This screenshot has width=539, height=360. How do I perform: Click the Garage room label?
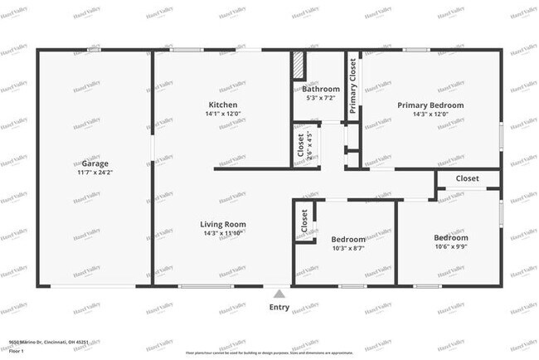pyautogui.click(x=95, y=163)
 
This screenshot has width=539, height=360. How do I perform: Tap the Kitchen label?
pyautogui.click(x=224, y=105)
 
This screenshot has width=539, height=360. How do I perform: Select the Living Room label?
pyautogui.click(x=224, y=224)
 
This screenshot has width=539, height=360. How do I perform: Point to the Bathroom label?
pyautogui.click(x=320, y=89)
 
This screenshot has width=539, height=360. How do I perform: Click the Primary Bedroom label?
pyautogui.click(x=430, y=105)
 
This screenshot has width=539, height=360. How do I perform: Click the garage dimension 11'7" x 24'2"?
pyautogui.click(x=95, y=173)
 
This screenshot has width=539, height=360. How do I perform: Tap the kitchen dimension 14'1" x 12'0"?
pyautogui.click(x=224, y=114)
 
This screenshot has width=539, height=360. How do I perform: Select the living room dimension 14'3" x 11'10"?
pyautogui.click(x=224, y=234)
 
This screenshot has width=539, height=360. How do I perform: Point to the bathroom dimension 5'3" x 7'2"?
pyautogui.click(x=320, y=98)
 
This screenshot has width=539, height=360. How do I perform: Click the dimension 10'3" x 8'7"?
pyautogui.click(x=348, y=247)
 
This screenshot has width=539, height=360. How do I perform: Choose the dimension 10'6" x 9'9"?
pyautogui.click(x=451, y=246)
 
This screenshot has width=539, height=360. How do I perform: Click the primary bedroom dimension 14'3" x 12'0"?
pyautogui.click(x=430, y=115)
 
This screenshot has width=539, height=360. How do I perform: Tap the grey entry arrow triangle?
pyautogui.click(x=279, y=293)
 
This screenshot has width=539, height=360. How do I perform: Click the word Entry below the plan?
pyautogui.click(x=279, y=307)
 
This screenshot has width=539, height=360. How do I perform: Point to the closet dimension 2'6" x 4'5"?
pyautogui.click(x=309, y=145)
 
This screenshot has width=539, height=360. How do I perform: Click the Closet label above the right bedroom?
pyautogui.click(x=467, y=178)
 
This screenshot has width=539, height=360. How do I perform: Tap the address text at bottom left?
pyautogui.click(x=48, y=341)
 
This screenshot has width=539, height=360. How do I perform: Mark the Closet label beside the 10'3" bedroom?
pyautogui.click(x=304, y=221)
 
